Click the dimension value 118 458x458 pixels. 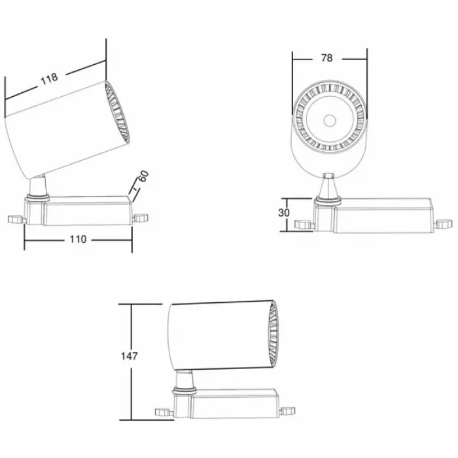tap(49, 79)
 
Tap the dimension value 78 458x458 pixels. tap(326, 58)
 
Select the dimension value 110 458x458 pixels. tap(78, 239)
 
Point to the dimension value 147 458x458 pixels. tap(129, 356)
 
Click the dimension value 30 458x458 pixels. tap(283, 213)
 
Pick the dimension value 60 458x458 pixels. tap(143, 176)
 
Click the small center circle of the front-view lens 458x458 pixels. tap(330, 120)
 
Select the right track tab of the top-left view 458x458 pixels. tap(141, 218)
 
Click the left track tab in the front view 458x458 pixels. tap(304, 224)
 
